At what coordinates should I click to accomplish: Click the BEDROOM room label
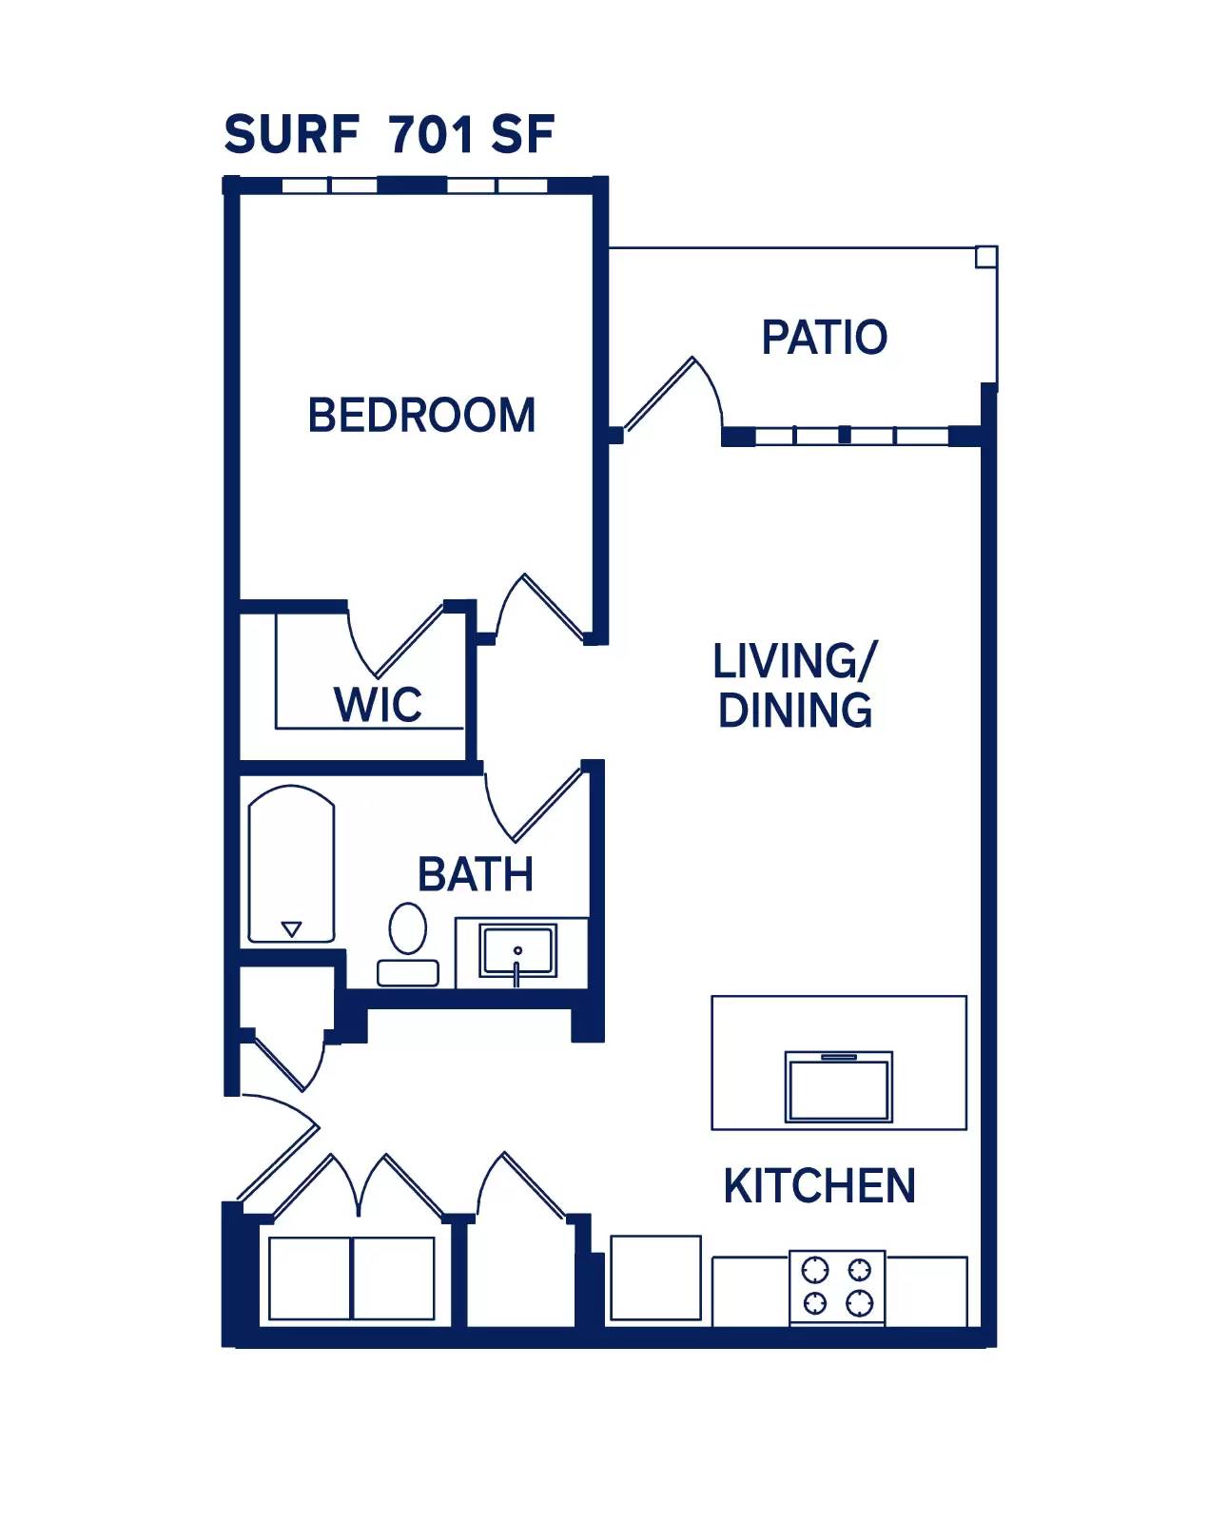click(421, 416)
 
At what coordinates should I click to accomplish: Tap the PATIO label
click(824, 338)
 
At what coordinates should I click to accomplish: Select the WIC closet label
click(378, 705)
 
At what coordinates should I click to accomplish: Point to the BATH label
click(476, 875)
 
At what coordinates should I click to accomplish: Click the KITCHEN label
click(819, 1186)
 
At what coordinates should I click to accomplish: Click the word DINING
click(795, 711)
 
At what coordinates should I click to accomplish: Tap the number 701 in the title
click(431, 134)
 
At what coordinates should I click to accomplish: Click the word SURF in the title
click(291, 134)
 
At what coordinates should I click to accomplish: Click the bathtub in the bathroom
click(291, 864)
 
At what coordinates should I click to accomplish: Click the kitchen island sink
click(838, 1087)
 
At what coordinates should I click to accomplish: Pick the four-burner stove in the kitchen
click(837, 1285)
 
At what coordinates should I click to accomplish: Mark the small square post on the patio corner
click(986, 256)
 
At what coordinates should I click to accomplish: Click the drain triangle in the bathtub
click(292, 928)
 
